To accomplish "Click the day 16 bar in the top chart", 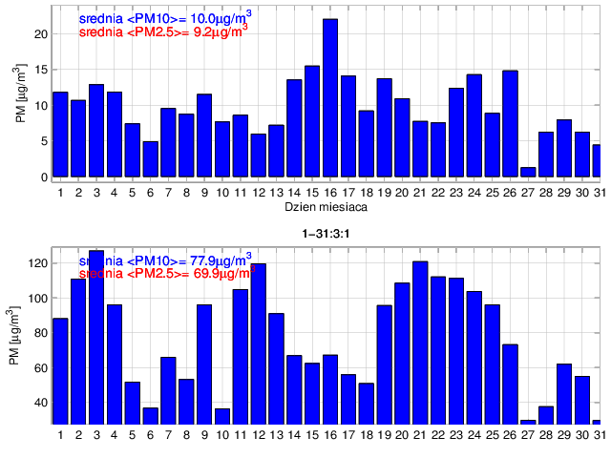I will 330,98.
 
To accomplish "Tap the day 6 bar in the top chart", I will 150,159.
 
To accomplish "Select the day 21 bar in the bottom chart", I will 420,343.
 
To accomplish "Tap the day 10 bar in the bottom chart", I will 222,416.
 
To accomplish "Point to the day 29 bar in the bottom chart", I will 564,393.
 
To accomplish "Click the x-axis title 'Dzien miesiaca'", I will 330,206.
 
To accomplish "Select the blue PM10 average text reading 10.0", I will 163,16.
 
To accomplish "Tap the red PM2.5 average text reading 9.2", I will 163,31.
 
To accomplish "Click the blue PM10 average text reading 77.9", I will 165,260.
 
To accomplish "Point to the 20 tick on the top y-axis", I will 41,33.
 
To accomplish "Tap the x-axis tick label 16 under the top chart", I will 330,192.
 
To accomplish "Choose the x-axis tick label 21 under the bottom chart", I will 420,436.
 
